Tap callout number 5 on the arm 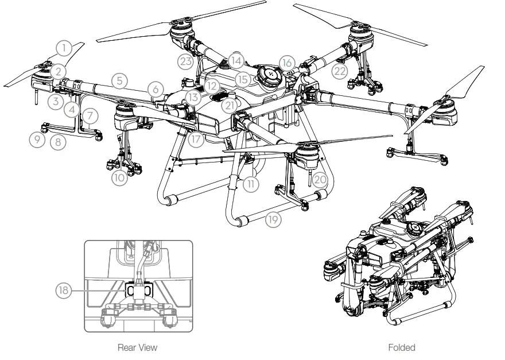coord(119,81)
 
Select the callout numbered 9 coord(37,139)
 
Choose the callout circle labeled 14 coord(235,60)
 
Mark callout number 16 coord(288,62)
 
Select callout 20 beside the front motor coord(320,180)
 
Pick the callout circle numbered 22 coord(340,70)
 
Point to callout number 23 coord(185,62)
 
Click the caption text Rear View coord(137,347)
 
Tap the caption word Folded coord(401,347)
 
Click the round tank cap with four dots coord(269,75)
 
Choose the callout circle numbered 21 coord(230,106)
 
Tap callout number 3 coord(56,102)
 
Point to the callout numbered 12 coord(212,86)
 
